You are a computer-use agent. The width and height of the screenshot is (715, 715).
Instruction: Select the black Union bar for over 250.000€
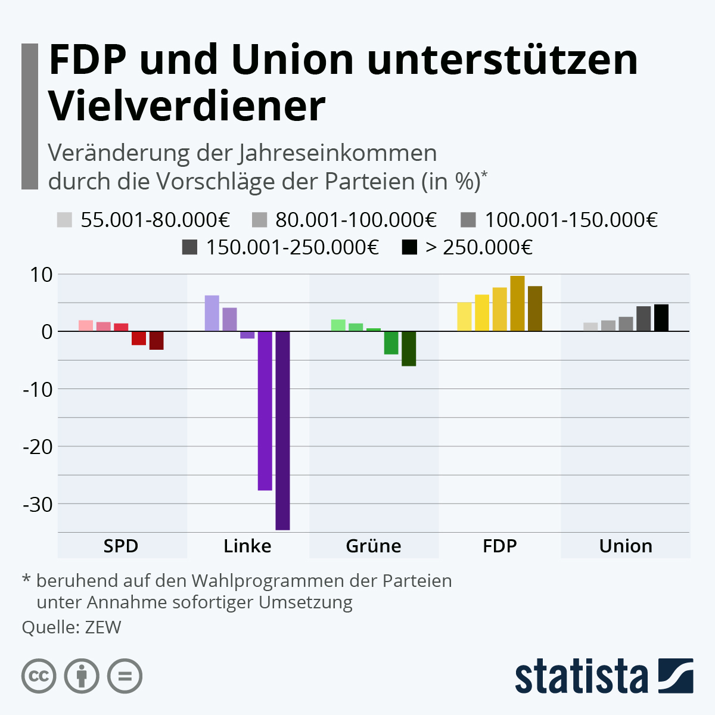click(x=661, y=318)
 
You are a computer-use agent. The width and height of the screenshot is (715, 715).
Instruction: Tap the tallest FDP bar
click(x=517, y=303)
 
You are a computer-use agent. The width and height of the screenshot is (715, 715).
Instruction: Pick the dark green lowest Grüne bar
click(x=409, y=349)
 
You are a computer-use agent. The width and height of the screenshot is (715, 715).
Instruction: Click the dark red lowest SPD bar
click(x=156, y=340)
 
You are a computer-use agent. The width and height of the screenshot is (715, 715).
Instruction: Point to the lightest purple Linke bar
click(x=212, y=313)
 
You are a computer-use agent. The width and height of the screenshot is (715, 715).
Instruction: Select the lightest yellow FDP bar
click(x=464, y=316)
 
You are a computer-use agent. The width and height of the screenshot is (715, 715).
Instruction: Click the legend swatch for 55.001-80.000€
click(x=64, y=220)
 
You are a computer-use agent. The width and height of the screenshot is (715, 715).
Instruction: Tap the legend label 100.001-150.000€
click(x=571, y=220)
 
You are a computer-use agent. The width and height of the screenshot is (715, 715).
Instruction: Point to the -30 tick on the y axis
click(x=38, y=504)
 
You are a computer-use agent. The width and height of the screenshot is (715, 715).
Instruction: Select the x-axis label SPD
click(x=121, y=546)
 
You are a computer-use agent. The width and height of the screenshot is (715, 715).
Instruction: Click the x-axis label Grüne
click(x=374, y=546)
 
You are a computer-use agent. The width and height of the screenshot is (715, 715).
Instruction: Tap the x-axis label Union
click(x=626, y=546)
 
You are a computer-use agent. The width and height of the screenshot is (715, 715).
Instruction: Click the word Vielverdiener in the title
click(x=187, y=106)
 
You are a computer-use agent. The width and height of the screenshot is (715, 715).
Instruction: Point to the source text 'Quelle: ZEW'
click(x=71, y=627)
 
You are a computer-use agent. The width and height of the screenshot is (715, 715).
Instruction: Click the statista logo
click(x=604, y=676)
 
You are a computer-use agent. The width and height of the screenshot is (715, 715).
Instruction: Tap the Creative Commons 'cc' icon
click(x=39, y=676)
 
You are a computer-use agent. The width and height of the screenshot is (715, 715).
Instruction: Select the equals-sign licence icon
click(x=125, y=676)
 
